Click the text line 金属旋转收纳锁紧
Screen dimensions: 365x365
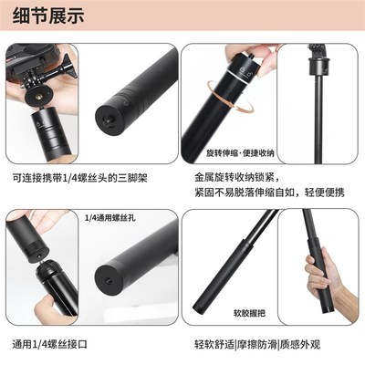coord(245,174)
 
